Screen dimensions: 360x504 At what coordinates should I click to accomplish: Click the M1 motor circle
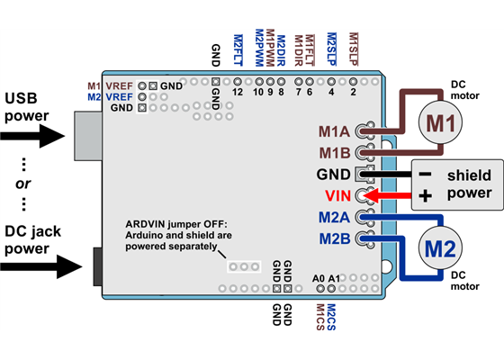441,123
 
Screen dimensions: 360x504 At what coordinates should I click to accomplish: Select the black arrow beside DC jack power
36,265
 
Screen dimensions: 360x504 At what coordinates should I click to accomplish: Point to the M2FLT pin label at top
238,48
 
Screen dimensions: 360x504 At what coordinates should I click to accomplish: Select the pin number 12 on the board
238,91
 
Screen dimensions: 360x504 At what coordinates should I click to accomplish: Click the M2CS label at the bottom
330,318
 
